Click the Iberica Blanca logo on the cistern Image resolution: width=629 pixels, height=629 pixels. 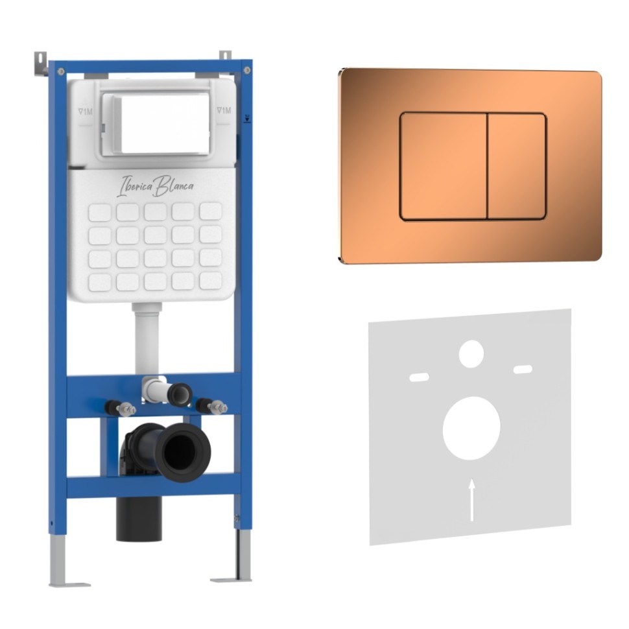pyautogui.click(x=156, y=186)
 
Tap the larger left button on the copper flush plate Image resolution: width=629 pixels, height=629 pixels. pyautogui.click(x=444, y=167)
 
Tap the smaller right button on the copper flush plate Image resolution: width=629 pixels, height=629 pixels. pyautogui.click(x=517, y=167)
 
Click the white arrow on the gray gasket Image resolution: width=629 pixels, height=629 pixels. pyautogui.click(x=472, y=500)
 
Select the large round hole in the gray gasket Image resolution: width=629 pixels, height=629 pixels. pyautogui.click(x=471, y=429)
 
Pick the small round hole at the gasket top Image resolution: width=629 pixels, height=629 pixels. pyautogui.click(x=471, y=354)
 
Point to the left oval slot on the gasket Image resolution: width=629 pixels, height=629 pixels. pyautogui.click(x=419, y=377)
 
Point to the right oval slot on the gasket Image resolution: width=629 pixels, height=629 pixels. pyautogui.click(x=523, y=370)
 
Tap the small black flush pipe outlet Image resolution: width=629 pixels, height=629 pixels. pyautogui.click(x=180, y=395)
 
